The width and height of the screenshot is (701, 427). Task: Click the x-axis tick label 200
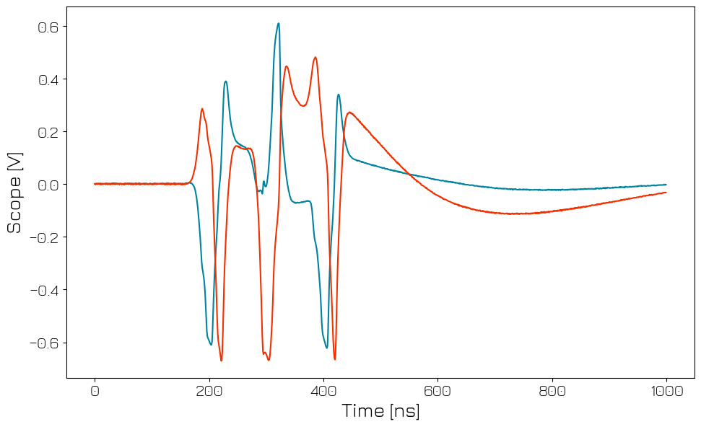209,391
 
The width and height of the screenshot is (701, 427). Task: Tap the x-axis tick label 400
323,391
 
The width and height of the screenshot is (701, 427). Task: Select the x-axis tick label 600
437,391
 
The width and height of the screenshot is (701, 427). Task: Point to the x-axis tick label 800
552,391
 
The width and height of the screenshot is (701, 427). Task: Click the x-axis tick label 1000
666,391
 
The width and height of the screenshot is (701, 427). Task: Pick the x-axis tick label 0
95,391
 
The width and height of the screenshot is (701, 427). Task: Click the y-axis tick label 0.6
48,27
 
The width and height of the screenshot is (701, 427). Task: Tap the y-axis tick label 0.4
48,79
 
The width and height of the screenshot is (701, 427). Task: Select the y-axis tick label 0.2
48,132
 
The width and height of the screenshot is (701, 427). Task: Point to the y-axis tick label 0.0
48,185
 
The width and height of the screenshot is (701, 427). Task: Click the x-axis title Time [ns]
380,412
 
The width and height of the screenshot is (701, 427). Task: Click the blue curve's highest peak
278,23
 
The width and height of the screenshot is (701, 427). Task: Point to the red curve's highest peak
315,57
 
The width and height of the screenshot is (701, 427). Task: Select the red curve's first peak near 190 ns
202,109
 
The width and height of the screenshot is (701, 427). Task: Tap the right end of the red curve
666,193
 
